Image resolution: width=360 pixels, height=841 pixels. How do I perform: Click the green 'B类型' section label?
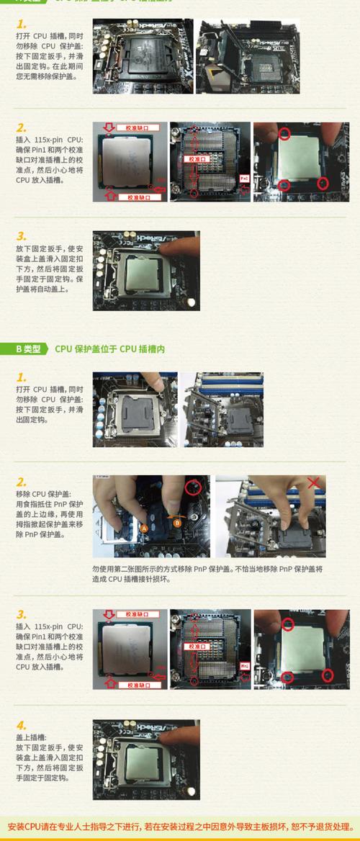pyautogui.click(x=28, y=348)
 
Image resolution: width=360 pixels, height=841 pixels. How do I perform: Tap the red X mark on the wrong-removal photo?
pyautogui.click(x=314, y=482)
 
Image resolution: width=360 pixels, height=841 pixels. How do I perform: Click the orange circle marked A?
pyautogui.click(x=144, y=528)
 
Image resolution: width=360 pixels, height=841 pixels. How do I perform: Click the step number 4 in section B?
pyautogui.click(x=22, y=725)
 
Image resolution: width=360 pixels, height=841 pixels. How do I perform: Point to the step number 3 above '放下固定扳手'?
pyautogui.click(x=22, y=235)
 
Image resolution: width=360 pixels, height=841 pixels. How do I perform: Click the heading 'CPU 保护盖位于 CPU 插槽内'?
pyautogui.click(x=110, y=348)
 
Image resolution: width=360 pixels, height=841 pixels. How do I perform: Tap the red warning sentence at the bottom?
pyautogui.click(x=180, y=826)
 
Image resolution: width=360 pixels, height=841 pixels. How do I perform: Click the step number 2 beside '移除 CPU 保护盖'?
pyautogui.click(x=22, y=482)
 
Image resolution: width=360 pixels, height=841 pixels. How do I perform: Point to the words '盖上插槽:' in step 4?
pyautogui.click(x=31, y=737)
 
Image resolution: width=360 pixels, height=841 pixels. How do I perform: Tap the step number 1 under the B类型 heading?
pyautogui.click(x=22, y=377)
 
